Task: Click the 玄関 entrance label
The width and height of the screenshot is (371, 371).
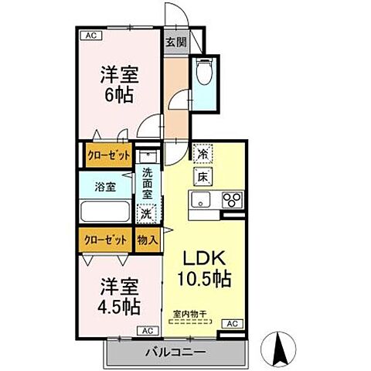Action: point(175,43)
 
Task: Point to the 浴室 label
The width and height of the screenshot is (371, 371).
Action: point(104,186)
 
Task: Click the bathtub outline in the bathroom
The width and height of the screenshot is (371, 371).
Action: point(106,211)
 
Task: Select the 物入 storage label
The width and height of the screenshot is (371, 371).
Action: point(148,240)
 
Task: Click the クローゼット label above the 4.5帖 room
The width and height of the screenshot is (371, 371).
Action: point(107,240)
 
